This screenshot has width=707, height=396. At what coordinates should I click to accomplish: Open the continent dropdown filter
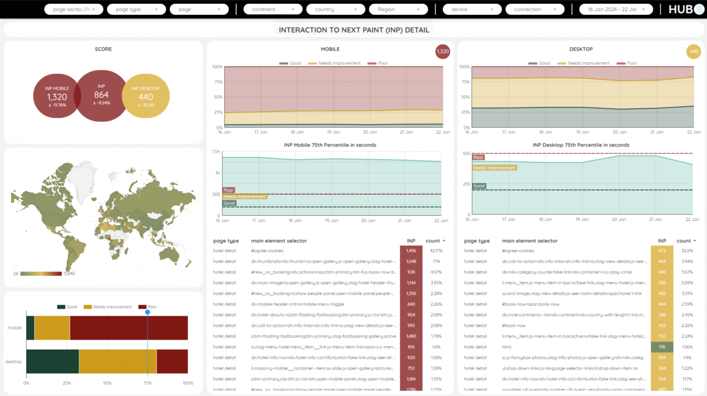click(x=272, y=9)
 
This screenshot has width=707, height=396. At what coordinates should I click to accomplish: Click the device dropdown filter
click(x=472, y=9)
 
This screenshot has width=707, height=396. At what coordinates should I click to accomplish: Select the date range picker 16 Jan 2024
click(x=616, y=9)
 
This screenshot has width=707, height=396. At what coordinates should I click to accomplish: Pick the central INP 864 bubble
click(x=101, y=95)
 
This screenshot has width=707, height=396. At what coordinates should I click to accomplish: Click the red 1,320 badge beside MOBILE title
click(x=443, y=52)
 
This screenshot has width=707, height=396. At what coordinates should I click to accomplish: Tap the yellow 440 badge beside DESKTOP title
click(x=694, y=52)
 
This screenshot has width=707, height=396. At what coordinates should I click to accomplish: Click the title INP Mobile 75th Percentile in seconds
click(x=330, y=145)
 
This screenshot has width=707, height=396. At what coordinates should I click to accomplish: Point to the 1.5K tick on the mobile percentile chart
click(x=216, y=151)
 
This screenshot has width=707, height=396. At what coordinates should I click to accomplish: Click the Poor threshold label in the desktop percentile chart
click(x=478, y=157)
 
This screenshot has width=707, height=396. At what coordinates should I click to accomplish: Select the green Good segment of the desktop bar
click(x=52, y=362)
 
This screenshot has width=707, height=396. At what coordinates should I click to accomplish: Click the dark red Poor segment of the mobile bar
click(x=128, y=328)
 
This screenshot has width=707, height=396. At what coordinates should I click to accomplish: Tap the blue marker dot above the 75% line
click(x=148, y=312)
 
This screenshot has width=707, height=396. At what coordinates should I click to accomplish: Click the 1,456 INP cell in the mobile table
click(x=411, y=251)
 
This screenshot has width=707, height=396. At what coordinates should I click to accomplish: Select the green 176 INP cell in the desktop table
click(x=662, y=347)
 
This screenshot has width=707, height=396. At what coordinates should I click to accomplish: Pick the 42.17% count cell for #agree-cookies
click(x=436, y=251)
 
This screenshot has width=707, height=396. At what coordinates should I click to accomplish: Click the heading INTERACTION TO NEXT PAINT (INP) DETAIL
click(x=353, y=30)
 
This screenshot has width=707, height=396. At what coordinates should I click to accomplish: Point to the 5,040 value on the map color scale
click(x=70, y=274)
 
